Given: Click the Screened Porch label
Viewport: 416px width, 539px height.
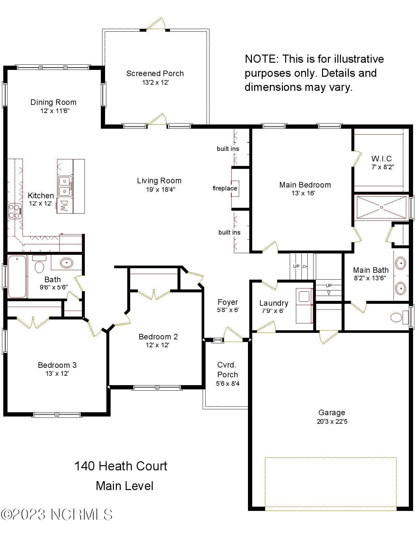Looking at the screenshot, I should point(155,73).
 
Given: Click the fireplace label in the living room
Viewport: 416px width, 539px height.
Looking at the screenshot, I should point(224,188).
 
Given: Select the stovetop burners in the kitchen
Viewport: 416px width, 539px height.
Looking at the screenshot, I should point(14,211).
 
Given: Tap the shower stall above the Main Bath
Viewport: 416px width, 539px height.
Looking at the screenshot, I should point(381,207).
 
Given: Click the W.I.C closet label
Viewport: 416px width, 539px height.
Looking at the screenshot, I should point(381,159).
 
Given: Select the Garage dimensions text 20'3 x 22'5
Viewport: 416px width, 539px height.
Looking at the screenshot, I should point(332,421).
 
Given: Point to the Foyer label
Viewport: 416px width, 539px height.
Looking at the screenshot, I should point(228,302).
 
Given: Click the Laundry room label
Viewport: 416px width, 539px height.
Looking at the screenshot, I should point(273,303).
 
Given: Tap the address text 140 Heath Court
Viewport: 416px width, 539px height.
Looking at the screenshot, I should point(121,466).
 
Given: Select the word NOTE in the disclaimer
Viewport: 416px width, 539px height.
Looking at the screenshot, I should point(260,59).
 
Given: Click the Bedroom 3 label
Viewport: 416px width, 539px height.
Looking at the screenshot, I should point(57,365).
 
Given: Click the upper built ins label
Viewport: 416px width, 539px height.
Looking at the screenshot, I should point(228,149).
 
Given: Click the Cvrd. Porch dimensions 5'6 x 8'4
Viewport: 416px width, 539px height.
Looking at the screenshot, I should point(227,384).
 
